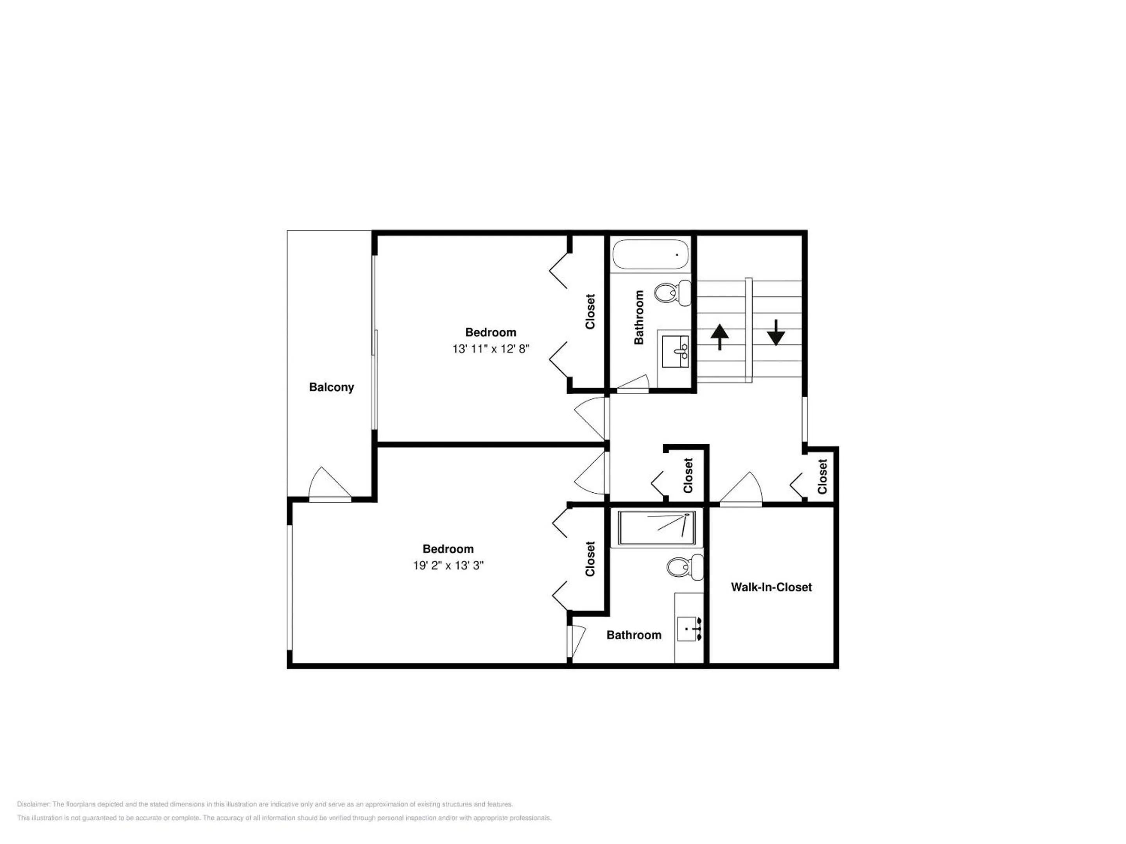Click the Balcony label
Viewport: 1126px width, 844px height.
pos(332,387)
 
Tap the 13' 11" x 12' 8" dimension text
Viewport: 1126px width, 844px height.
pos(491,349)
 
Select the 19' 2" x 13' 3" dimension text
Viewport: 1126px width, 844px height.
pos(448,565)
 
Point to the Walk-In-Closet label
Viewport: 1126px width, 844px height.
pos(771,587)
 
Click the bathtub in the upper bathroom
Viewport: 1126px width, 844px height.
pos(651,254)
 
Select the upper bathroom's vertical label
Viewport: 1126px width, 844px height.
pos(639,317)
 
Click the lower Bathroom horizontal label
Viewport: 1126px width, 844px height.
pos(634,635)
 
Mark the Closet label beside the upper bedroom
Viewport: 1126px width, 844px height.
pos(590,311)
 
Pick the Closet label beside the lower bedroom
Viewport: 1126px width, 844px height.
pos(590,559)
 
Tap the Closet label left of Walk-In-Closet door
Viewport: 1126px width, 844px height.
pos(688,475)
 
